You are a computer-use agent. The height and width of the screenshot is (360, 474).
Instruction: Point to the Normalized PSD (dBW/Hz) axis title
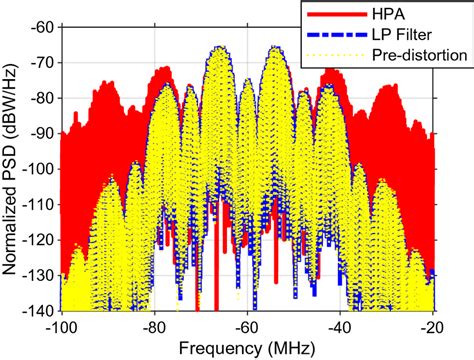point(12,168)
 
